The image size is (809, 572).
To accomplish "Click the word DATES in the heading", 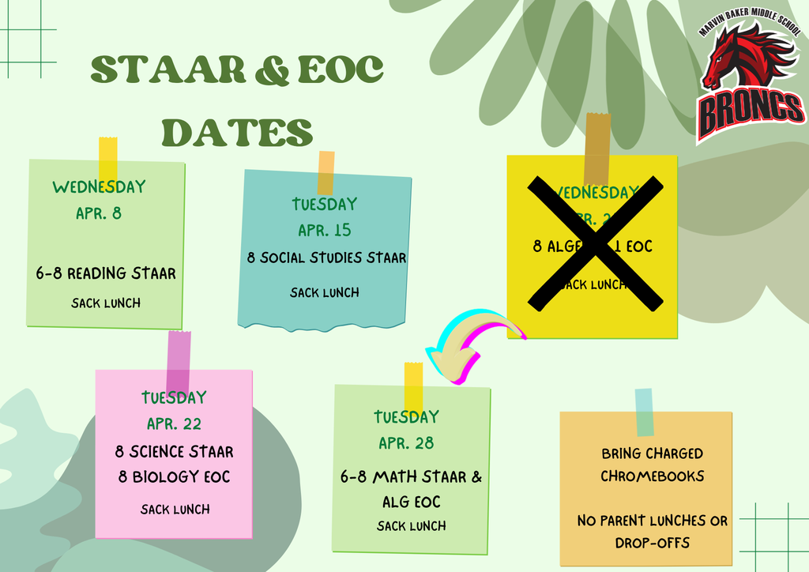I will pos(237,131).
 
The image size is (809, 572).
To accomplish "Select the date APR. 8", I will pos(99,213).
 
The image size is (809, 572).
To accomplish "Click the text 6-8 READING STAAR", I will pos(106,273).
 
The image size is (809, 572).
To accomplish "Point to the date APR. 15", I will pos(325,231).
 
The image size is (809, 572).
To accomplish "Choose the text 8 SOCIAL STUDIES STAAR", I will pos(326,258).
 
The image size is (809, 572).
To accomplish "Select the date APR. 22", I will pos(174,423).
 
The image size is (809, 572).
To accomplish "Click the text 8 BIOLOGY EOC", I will pos(174,477).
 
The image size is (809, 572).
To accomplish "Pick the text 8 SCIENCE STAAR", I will pos(174,452).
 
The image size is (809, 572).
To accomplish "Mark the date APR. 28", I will pos(406,443).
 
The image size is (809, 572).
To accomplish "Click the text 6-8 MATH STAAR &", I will pos(411,477).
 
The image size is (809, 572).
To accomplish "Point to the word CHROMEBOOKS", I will pos(652,476).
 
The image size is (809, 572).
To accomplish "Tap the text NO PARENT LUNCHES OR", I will pos(652,521).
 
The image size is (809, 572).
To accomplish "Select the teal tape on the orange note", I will pos(645,412).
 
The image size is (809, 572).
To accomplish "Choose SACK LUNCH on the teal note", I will pos(325,292).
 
